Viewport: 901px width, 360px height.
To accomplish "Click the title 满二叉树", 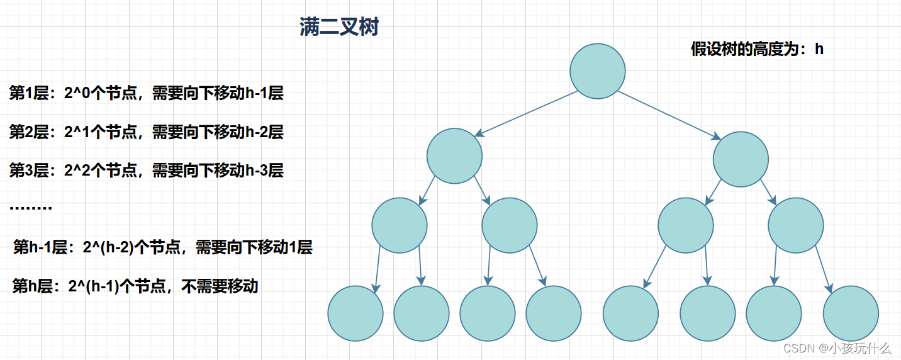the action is (x=339, y=28).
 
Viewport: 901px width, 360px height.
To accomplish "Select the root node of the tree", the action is (x=598, y=71).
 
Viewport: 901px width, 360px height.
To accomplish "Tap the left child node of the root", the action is (x=454, y=155).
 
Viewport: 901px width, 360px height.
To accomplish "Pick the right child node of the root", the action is (x=741, y=159).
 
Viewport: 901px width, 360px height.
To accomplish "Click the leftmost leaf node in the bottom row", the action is (x=355, y=313).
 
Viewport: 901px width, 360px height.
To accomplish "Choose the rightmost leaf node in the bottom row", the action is (x=851, y=313).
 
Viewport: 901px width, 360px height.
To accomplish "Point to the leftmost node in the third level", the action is (x=400, y=225).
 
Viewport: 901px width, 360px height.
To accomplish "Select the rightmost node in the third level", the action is (x=796, y=225).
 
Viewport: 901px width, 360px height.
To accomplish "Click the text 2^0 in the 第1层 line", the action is (x=77, y=94).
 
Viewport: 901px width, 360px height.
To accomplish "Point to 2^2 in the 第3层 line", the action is (x=77, y=171).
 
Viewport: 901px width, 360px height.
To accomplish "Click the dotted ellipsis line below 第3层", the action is (x=31, y=208).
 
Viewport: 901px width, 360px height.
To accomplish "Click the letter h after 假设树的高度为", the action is (x=819, y=50).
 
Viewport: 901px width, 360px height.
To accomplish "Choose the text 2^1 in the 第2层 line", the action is (x=77, y=132).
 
